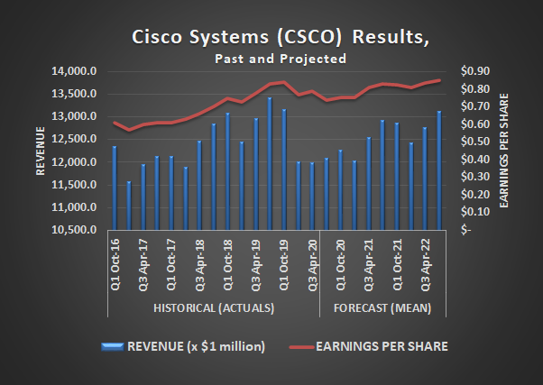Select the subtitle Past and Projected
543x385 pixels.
click(281, 59)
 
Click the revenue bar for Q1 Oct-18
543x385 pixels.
click(226, 171)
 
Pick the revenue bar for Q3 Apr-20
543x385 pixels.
click(312, 196)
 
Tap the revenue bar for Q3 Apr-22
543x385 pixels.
click(425, 179)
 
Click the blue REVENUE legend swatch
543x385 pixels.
click(113, 345)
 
